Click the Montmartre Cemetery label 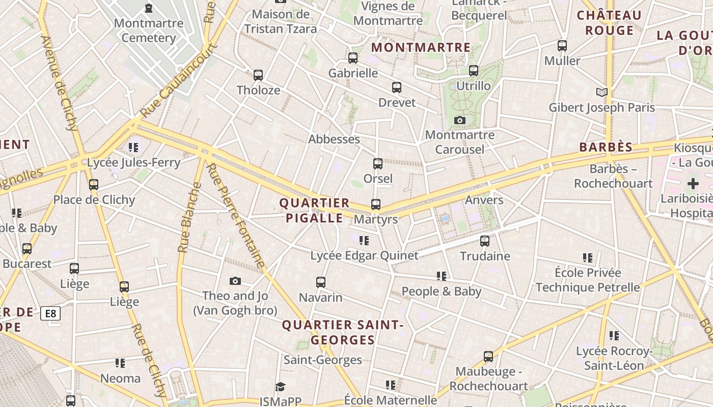[x=149, y=31]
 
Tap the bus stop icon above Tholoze [x=258, y=75]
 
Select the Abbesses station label [x=334, y=139]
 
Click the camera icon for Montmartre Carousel [x=460, y=120]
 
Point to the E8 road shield [x=51, y=313]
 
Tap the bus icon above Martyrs [x=376, y=205]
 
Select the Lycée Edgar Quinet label [x=364, y=255]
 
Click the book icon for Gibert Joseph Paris [x=602, y=92]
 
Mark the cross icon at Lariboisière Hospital [x=693, y=184]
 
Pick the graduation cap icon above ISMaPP [x=280, y=387]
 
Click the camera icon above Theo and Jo [x=235, y=281]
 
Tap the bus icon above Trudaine [x=485, y=241]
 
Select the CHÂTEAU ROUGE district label [x=609, y=23]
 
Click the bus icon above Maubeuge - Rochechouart [x=488, y=357]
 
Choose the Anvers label [x=484, y=200]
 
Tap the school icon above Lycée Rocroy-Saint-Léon [x=614, y=336]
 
